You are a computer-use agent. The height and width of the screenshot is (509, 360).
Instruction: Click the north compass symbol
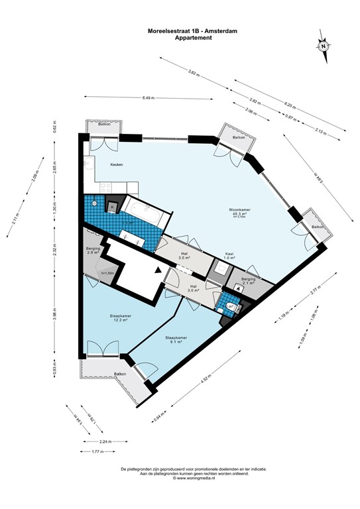(322, 47)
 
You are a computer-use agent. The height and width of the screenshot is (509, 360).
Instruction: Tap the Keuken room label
(99, 164)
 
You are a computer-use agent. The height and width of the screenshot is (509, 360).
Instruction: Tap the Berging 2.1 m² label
(248, 282)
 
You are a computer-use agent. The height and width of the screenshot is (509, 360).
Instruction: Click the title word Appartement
(193, 38)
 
